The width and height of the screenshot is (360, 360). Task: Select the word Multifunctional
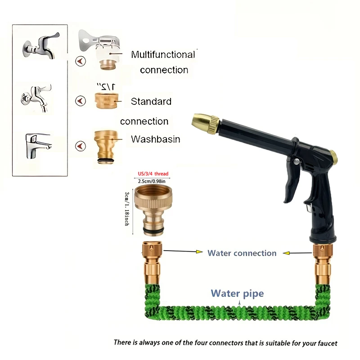[x=163, y=55]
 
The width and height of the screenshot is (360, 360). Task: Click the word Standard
[x=151, y=102]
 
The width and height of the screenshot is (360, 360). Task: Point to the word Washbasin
[x=155, y=139]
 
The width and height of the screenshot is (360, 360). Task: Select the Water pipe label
[x=237, y=294]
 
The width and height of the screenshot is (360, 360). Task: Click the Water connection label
[x=242, y=253]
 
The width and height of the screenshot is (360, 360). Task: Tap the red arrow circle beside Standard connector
[x=80, y=101]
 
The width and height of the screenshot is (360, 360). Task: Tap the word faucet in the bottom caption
[x=325, y=343]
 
